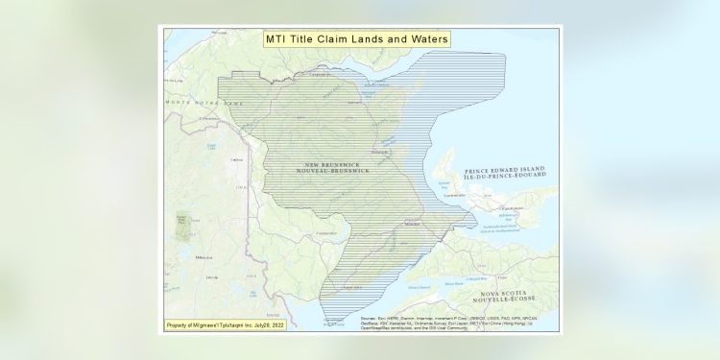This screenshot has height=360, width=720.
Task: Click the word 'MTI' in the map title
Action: [x=277, y=39]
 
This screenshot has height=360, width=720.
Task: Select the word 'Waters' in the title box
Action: [x=426, y=39]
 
